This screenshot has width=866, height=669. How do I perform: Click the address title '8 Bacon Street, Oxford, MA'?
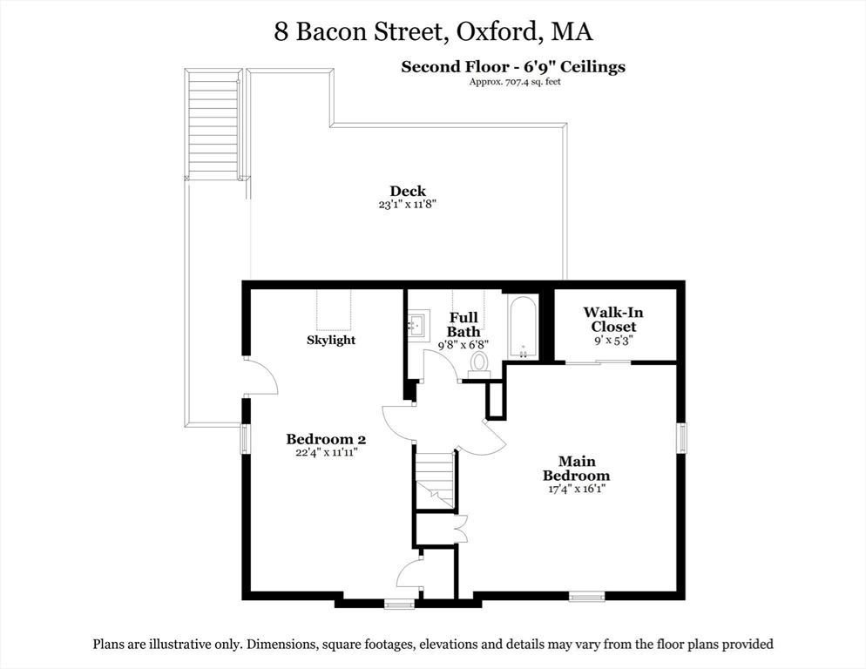tap(433, 32)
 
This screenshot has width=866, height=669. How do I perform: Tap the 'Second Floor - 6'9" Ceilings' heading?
tap(512, 67)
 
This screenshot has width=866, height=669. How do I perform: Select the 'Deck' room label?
tap(407, 192)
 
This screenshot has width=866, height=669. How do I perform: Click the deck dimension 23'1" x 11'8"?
tap(407, 205)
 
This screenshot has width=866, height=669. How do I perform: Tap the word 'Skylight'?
tap(331, 340)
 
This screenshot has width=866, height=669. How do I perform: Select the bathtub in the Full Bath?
tap(523, 328)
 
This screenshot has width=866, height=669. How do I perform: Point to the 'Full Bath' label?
tap(463, 325)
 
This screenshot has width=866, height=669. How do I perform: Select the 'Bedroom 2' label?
tap(321, 439)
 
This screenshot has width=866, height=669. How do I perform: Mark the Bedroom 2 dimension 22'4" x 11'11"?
tap(321, 452)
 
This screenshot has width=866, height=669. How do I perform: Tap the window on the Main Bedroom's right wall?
tap(682, 438)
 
